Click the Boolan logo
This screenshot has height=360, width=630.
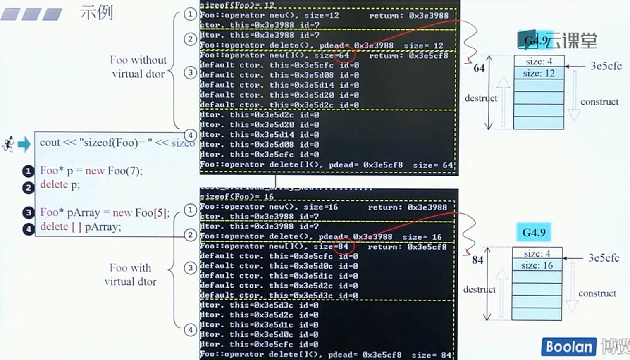(x=569, y=346)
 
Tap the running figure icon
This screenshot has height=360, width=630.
(x=8, y=144)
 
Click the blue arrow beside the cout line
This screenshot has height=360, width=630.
(x=24, y=144)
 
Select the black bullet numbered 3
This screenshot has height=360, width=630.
(x=28, y=212)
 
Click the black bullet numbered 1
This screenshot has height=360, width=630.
(x=28, y=171)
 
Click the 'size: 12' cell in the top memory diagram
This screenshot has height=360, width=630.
(x=538, y=74)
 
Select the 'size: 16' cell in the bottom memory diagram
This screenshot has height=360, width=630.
(x=537, y=265)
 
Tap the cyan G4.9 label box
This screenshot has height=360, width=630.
(x=534, y=232)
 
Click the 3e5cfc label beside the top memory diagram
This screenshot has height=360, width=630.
(x=606, y=66)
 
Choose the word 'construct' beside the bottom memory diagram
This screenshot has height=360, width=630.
(x=597, y=293)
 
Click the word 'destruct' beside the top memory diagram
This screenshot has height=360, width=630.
(x=481, y=98)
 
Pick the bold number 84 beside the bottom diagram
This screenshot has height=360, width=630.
(x=477, y=260)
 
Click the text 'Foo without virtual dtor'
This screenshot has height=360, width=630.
(x=138, y=67)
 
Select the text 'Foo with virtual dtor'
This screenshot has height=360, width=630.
(x=131, y=275)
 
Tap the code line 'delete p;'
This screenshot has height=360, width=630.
(x=60, y=185)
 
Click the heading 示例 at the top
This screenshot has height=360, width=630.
(x=96, y=12)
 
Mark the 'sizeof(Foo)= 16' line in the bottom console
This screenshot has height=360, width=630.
(x=236, y=197)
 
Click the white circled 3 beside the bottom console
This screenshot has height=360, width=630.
(x=190, y=267)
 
